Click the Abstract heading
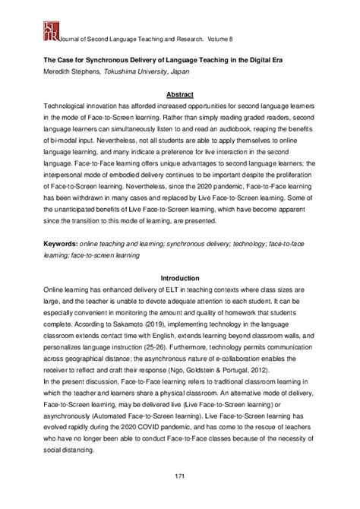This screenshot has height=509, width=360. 179,95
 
